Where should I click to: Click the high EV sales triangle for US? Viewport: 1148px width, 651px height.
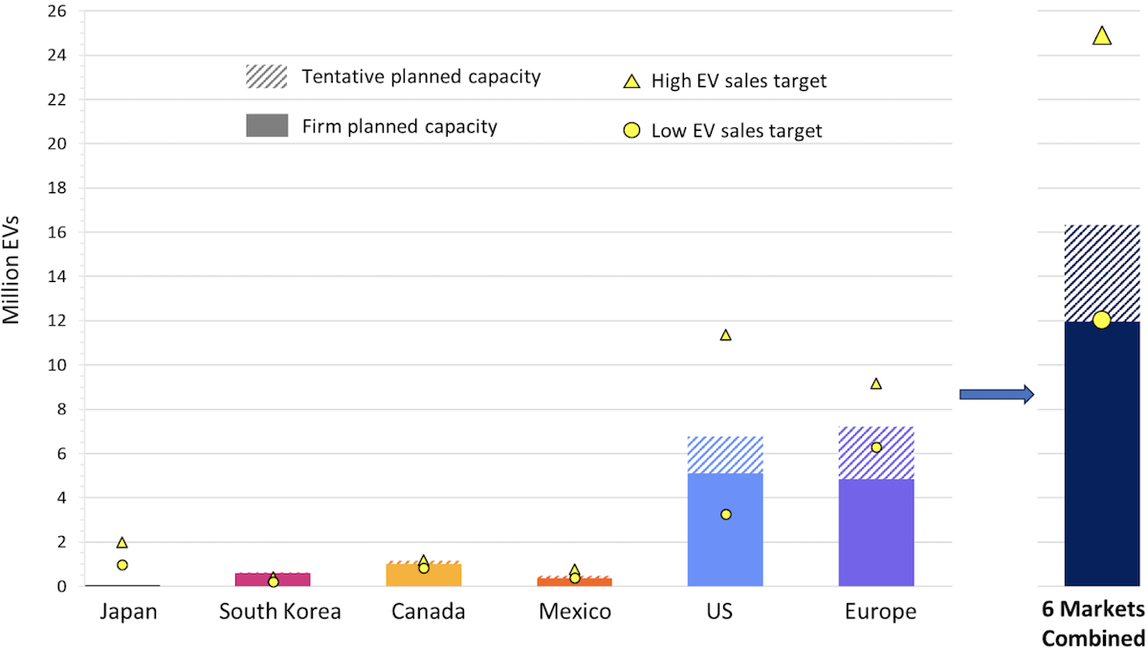(x=725, y=336)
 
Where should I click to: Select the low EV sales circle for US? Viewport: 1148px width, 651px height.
(x=725, y=514)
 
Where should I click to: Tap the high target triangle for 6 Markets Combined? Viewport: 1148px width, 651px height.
(x=1101, y=36)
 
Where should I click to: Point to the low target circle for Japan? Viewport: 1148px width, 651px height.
(x=122, y=565)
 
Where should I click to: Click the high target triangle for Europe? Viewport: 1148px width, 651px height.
(x=875, y=383)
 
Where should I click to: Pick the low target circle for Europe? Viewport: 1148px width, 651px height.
(x=875, y=447)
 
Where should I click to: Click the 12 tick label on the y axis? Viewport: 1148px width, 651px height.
(x=56, y=321)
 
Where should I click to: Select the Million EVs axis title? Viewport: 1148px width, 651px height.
(x=13, y=274)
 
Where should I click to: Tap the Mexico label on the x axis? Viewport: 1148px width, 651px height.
(x=575, y=612)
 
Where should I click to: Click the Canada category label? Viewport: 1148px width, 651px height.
(x=428, y=612)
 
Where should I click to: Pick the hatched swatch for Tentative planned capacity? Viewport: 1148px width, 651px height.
(x=266, y=76)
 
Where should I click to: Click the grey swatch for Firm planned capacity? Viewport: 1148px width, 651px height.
(x=266, y=125)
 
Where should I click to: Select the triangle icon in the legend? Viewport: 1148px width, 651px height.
(x=631, y=82)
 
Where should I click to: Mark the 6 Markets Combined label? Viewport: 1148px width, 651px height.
(x=1093, y=624)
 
